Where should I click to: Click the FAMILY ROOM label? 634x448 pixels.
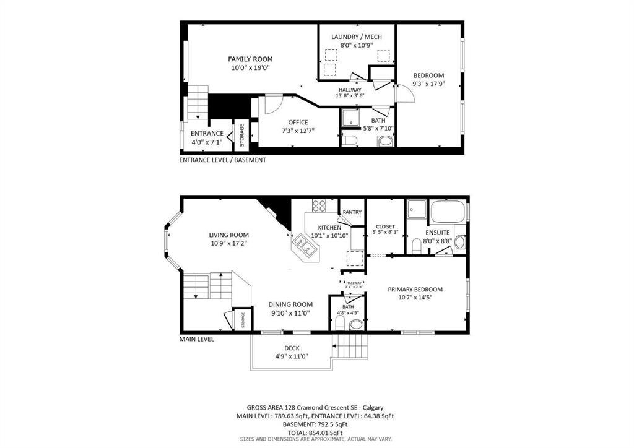tap(250, 59)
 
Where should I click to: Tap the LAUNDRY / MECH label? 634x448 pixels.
tap(356, 37)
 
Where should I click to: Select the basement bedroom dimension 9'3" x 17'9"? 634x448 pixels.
tap(428, 84)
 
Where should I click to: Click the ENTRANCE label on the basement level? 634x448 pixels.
tap(207, 133)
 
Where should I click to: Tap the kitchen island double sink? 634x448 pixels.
tap(305, 246)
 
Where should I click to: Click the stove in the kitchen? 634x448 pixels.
tap(319, 206)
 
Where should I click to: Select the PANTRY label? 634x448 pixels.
tap(352, 212)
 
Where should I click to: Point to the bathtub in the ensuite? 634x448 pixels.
tap(448, 212)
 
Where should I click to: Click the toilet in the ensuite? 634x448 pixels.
tap(417, 248)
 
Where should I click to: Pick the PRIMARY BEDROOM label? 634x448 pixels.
tap(415, 289)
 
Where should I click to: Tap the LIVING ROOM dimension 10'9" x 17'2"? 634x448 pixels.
tap(228, 244)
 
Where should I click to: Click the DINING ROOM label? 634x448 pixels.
tap(290, 304)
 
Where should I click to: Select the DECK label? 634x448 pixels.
tap(292, 348)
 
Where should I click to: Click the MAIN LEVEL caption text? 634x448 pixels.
tap(196, 339)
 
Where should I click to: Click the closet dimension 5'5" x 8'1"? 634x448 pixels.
tap(385, 232)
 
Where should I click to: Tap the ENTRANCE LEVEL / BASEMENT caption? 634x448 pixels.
tap(222, 160)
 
